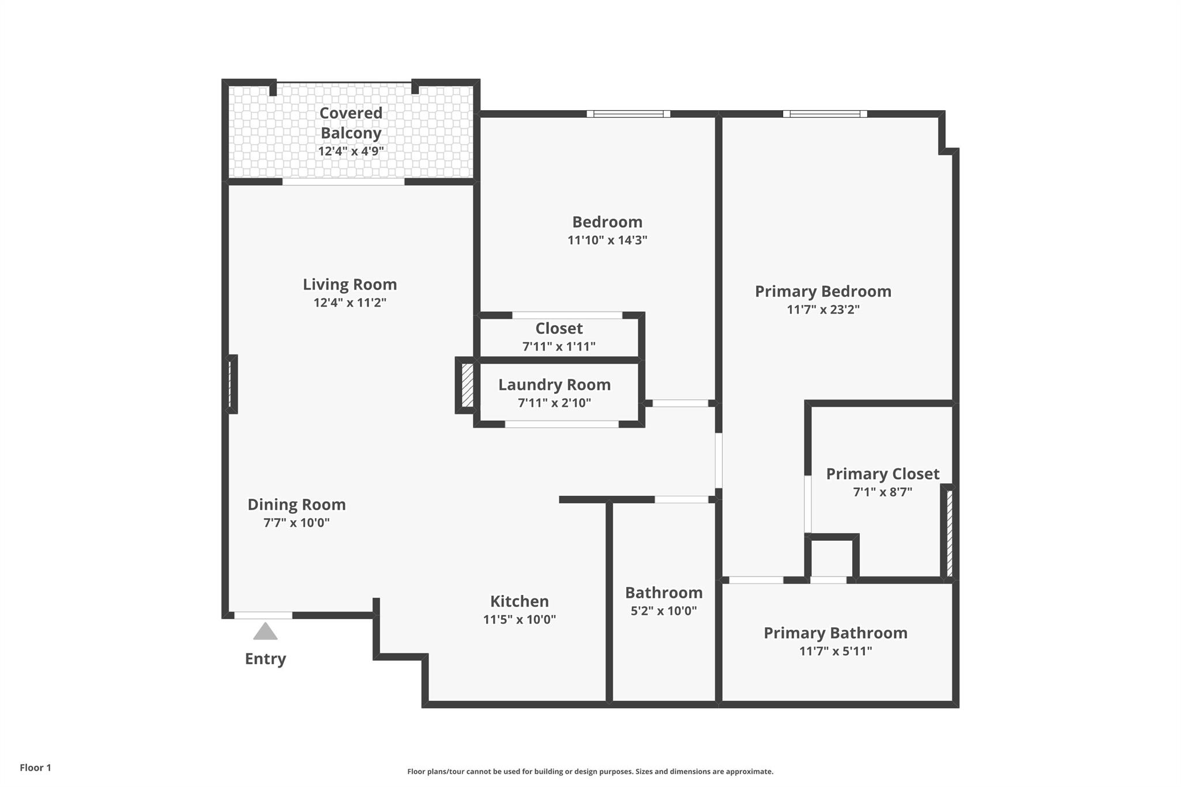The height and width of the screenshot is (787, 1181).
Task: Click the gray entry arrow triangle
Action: [x=265, y=631]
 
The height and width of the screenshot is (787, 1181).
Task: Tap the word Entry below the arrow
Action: [x=265, y=659]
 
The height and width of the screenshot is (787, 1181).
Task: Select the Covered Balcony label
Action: [x=351, y=123]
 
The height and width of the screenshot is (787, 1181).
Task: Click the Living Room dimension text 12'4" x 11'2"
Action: [x=350, y=303]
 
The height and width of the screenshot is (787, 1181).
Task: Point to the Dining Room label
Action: [x=296, y=504]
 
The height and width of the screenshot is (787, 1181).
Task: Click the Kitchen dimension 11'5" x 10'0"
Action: [x=520, y=620]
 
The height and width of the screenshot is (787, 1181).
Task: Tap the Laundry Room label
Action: [x=554, y=385]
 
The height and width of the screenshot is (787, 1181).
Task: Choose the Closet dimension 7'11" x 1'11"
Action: [x=559, y=347]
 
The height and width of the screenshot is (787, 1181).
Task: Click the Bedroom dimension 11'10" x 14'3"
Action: [x=607, y=240]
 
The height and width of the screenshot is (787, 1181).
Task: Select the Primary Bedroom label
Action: [x=823, y=292]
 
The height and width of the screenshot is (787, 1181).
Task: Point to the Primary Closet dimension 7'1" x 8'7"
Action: [x=882, y=492]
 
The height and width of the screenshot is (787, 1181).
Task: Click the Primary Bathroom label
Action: [x=836, y=633]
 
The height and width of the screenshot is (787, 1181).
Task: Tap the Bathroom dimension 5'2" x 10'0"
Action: [x=664, y=611]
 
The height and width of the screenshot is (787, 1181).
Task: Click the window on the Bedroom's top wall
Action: [x=629, y=114]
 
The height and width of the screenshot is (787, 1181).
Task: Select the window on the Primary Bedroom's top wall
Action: [x=825, y=114]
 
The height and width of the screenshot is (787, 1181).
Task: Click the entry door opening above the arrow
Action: [x=263, y=615]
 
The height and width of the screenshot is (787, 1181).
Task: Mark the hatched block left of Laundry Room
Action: [x=467, y=385]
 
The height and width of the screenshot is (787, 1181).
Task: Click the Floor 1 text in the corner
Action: [x=36, y=767]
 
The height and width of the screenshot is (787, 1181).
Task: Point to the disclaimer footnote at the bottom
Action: [x=590, y=771]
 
